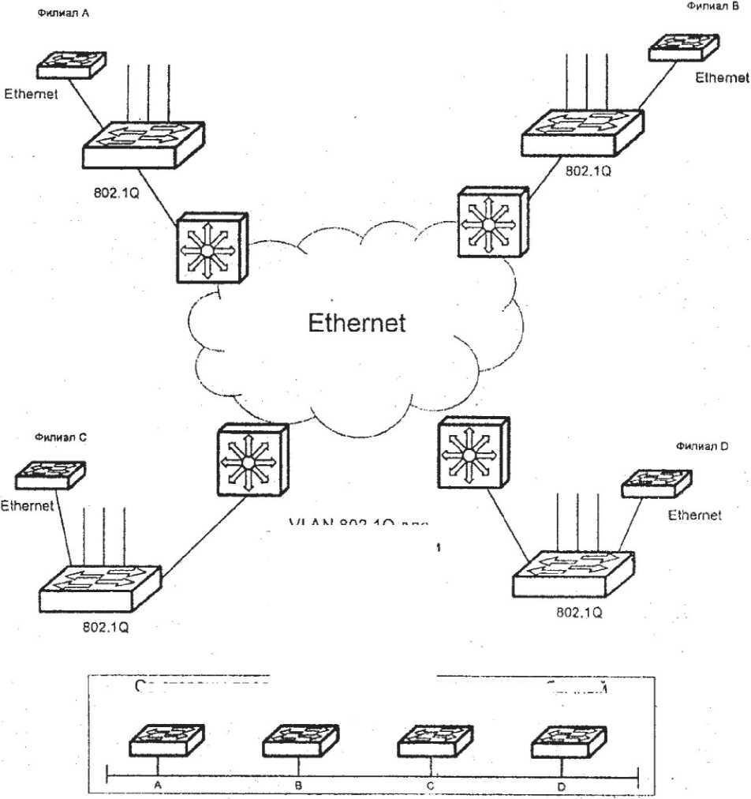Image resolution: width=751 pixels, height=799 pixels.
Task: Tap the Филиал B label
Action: tap(712, 6)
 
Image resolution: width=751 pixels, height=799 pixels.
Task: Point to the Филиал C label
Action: tap(55, 436)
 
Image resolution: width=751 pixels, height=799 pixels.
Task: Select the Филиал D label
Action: tap(702, 446)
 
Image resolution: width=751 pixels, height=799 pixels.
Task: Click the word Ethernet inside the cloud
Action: tap(357, 322)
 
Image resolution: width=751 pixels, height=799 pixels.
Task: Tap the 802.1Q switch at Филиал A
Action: tap(143, 144)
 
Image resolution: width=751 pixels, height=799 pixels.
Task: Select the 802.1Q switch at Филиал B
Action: tap(581, 132)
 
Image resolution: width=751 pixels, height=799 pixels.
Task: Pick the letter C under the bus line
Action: tap(429, 786)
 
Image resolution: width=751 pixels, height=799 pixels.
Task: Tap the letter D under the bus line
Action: tap(561, 786)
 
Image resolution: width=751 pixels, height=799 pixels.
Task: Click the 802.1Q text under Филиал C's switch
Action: tap(105, 629)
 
